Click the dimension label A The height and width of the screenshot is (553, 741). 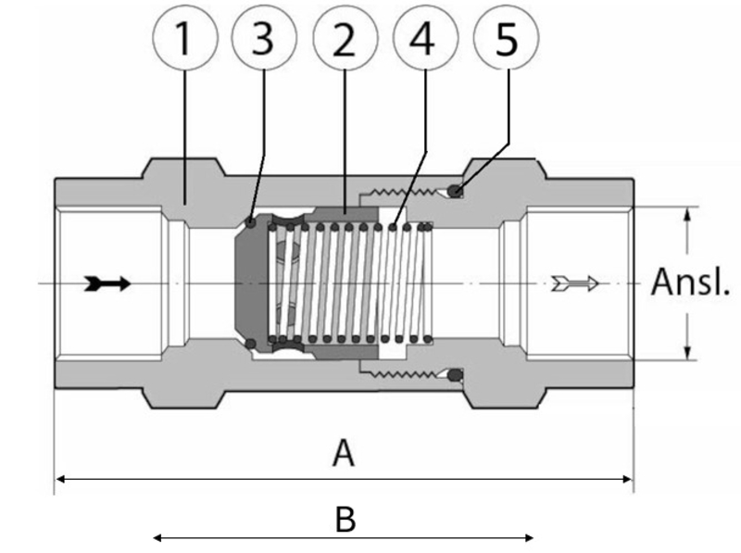344,454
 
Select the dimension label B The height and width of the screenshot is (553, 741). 344,520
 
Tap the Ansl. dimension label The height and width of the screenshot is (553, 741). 691,282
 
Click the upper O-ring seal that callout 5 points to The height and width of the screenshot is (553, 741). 456,192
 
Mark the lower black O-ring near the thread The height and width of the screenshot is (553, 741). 456,375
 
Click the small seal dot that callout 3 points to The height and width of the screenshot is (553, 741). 252,221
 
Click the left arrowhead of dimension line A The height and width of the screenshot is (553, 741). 61,479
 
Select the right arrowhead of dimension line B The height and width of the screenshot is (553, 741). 529,536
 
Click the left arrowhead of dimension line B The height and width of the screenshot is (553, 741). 157,536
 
